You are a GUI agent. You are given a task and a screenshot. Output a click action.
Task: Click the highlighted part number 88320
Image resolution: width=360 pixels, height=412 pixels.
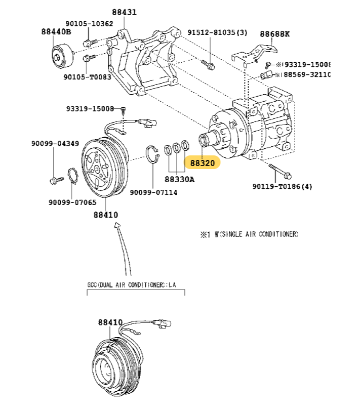tap(203, 163)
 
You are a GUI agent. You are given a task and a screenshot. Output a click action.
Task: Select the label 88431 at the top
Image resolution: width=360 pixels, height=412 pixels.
tap(124, 12)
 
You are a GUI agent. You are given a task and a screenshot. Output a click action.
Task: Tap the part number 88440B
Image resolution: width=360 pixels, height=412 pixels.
tap(56, 31)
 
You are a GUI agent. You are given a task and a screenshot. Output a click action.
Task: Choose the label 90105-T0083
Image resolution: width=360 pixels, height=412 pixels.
tap(87, 77)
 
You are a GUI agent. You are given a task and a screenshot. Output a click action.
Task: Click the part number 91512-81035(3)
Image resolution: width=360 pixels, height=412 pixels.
tap(217, 32)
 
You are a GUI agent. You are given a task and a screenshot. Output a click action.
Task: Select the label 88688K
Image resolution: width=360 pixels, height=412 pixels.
tap(275, 34)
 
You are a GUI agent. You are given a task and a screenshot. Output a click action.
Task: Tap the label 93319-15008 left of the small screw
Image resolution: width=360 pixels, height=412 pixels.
tap(90, 109)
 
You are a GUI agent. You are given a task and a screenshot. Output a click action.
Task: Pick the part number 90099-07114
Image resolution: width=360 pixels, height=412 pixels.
tap(153, 192)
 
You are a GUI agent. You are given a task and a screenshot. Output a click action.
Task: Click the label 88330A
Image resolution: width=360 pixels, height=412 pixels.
tap(179, 179)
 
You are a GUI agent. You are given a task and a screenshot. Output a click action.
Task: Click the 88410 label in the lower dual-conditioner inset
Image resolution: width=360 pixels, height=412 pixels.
tap(110, 322)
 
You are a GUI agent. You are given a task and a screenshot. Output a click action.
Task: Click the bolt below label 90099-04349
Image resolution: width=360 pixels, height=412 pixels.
tap(54, 179)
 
